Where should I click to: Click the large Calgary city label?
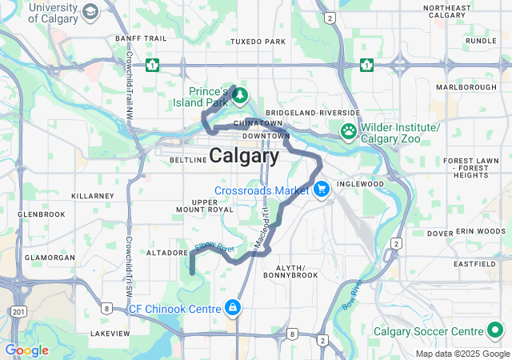(x=244, y=155)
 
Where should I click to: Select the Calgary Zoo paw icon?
(x=350, y=130)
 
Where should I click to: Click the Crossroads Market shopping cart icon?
(x=321, y=190)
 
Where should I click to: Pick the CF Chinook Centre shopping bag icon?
(x=233, y=306)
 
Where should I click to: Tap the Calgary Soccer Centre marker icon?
(x=495, y=330)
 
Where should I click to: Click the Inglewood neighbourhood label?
(x=356, y=183)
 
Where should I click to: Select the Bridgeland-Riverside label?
(x=313, y=113)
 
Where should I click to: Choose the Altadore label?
(x=166, y=252)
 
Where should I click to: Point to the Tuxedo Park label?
(x=257, y=42)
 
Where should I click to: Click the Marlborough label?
(x=466, y=86)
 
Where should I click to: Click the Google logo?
(x=26, y=350)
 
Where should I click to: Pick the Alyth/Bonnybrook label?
(x=297, y=270)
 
